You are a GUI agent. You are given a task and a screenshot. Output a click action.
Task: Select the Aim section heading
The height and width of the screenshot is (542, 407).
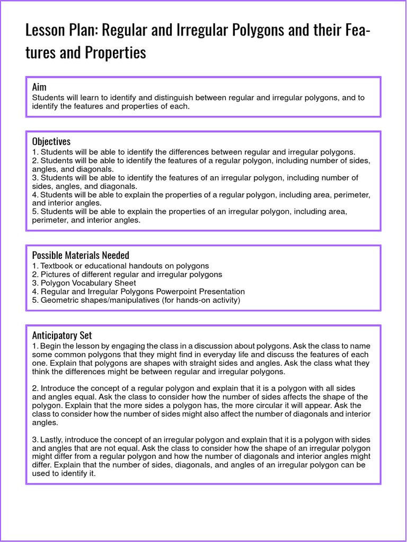click(39, 87)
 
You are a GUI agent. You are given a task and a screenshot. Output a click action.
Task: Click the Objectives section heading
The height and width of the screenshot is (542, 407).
click(51, 141)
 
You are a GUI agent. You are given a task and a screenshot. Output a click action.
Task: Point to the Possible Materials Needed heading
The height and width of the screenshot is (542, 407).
click(81, 255)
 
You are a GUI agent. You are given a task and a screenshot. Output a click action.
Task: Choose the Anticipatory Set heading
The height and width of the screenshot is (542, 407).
click(61, 335)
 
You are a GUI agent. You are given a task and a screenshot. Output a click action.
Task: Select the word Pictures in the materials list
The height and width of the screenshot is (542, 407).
click(56, 274)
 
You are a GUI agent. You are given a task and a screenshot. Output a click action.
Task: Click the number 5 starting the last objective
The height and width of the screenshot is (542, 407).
click(34, 212)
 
